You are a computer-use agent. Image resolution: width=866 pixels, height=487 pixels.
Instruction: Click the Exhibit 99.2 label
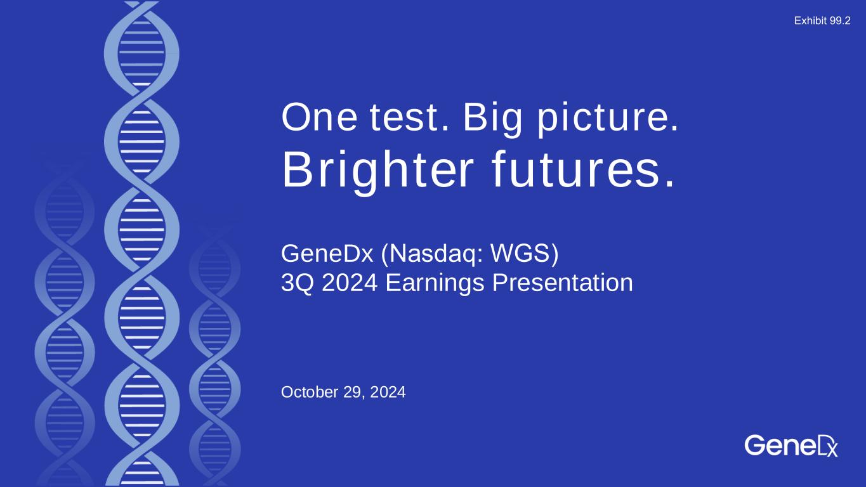click(822, 21)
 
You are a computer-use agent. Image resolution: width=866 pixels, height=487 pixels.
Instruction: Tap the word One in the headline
click(319, 117)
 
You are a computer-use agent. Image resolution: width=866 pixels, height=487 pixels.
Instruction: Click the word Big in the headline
click(492, 120)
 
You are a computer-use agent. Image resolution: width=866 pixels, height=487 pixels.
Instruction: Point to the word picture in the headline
click(608, 120)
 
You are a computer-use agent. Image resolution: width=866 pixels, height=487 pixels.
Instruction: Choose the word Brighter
click(377, 172)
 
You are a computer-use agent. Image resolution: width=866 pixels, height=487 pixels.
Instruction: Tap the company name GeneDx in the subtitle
click(327, 254)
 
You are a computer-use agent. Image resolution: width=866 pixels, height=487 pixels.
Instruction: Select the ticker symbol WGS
click(522, 254)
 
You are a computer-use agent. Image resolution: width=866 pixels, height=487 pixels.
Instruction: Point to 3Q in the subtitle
click(297, 283)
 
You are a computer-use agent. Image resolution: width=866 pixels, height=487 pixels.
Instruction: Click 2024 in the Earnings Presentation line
click(350, 283)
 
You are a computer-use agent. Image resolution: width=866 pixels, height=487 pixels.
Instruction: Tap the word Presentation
click(563, 283)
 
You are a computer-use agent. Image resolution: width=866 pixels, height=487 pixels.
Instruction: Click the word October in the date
click(310, 393)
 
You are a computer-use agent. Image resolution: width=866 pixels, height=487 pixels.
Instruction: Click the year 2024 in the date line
click(388, 393)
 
